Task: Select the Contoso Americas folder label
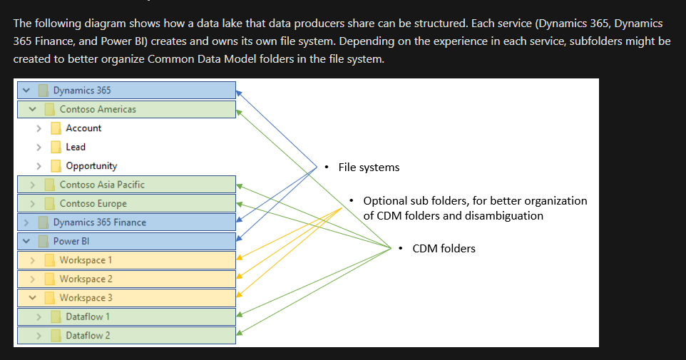[x=98, y=109]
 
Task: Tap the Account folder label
[x=83, y=128]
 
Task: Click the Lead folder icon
[x=56, y=147]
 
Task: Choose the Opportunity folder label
[x=91, y=166]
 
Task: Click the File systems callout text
[x=369, y=168]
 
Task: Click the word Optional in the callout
[x=385, y=201]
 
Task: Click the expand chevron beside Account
[x=39, y=128]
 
